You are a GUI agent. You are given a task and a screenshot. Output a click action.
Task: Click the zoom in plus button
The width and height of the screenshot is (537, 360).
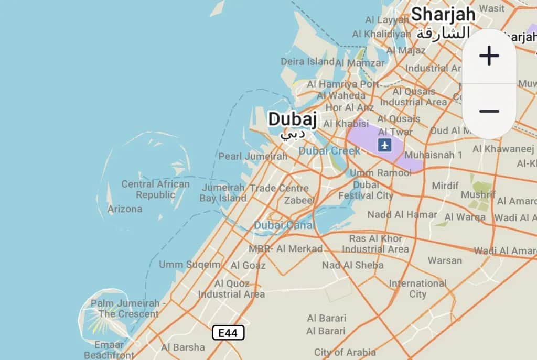click(x=489, y=56)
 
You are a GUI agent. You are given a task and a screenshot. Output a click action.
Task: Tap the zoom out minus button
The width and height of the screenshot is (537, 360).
click(x=489, y=111)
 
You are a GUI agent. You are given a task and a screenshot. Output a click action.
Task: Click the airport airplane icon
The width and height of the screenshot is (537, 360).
click(x=385, y=145)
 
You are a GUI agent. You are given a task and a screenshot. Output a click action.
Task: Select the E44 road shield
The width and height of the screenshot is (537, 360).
click(x=228, y=333)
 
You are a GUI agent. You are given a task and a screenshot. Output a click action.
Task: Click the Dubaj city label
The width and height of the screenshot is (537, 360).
click(x=292, y=119)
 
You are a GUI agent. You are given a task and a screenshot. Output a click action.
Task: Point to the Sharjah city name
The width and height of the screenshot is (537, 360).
click(x=443, y=14)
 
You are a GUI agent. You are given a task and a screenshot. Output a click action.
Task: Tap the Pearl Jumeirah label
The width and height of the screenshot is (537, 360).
click(x=253, y=156)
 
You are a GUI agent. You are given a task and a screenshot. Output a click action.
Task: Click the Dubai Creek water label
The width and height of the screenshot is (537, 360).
click(x=329, y=151)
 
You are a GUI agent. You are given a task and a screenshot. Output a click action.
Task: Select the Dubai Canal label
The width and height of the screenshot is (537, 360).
click(x=284, y=225)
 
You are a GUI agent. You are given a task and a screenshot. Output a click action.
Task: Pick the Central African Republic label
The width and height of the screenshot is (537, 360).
click(x=156, y=189)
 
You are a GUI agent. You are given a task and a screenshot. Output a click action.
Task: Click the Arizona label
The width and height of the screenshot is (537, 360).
click(x=125, y=209)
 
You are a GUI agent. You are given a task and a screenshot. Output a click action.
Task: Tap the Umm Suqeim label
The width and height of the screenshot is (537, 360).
click(x=190, y=264)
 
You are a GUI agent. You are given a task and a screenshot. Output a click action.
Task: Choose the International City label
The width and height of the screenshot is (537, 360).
click(x=417, y=289)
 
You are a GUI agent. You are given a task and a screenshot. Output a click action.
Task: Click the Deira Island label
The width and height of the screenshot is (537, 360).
click(x=307, y=61)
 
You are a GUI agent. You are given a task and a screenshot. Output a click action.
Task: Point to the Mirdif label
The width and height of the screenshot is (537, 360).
click(x=445, y=186)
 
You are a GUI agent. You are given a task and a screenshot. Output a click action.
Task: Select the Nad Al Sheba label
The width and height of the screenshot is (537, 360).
click(x=352, y=265)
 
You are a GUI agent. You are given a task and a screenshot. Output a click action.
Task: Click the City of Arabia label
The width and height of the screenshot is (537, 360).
click(x=345, y=352)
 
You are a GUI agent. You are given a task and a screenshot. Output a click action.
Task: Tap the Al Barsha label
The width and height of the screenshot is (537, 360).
click(x=183, y=347)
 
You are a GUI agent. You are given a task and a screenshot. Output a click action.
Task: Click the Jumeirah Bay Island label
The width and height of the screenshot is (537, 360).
click(x=223, y=193)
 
